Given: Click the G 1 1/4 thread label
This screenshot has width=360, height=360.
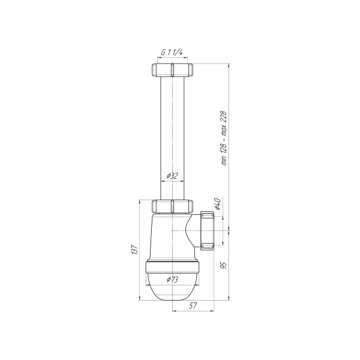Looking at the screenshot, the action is (x=172, y=52).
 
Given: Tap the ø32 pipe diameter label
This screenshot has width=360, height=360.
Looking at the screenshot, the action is (x=172, y=176).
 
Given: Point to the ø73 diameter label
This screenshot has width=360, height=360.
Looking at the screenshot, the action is (x=172, y=280).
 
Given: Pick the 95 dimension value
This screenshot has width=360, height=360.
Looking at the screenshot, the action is (x=224, y=265).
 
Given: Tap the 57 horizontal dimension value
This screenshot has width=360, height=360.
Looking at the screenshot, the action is (x=193, y=305).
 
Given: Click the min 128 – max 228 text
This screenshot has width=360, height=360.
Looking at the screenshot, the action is (x=224, y=138).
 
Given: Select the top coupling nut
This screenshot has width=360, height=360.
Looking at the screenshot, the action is (x=172, y=70).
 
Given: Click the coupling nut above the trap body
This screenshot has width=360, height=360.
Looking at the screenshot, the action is (x=172, y=206).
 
